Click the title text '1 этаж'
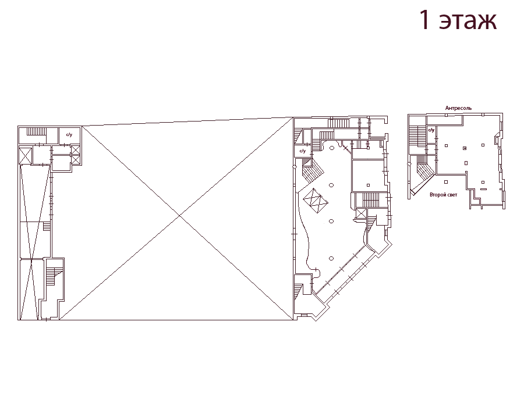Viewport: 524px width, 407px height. point(458,20)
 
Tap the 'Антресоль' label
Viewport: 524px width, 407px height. point(458,108)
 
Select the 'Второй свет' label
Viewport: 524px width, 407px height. point(443,195)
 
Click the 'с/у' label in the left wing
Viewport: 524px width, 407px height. point(69,135)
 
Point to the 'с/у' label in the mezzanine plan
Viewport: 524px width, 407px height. point(431,130)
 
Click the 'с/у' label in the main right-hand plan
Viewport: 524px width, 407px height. point(302,151)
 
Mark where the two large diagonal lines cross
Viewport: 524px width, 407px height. point(180,216)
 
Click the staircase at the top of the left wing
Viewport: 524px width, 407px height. point(36,131)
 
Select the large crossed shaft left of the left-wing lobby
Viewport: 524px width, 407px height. point(26,155)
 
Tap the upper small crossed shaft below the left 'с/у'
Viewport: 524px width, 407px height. point(76,150)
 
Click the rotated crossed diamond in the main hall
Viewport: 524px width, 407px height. point(316,201)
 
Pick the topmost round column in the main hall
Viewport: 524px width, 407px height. point(331,148)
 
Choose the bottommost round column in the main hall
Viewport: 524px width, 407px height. point(331,258)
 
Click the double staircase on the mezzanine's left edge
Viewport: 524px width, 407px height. point(415,136)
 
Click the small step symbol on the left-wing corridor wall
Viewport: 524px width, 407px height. point(47,227)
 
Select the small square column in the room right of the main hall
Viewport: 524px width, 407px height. point(369,185)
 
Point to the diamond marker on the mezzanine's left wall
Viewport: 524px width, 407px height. point(408,164)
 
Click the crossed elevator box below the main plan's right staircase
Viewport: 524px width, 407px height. point(361,213)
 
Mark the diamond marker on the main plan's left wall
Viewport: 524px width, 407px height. point(295,167)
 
